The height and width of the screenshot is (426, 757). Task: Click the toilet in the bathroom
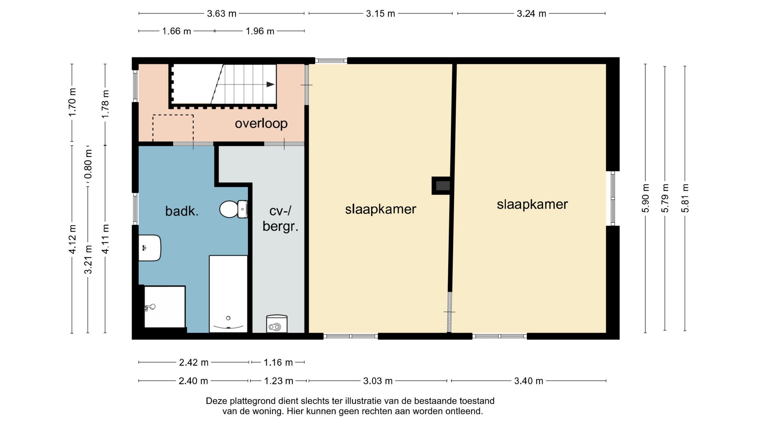pyautogui.click(x=233, y=209)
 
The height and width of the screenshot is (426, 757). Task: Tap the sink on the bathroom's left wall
pyautogui.click(x=150, y=248)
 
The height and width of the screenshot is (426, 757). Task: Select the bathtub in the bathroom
pyautogui.click(x=228, y=294)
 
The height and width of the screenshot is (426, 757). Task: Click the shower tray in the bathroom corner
pyautogui.click(x=165, y=307)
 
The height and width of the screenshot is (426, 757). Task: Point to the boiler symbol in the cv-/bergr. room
pyautogui.click(x=277, y=324)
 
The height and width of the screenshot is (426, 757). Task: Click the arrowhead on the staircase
pyautogui.click(x=270, y=84)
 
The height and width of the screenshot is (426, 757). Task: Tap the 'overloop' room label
pyautogui.click(x=261, y=123)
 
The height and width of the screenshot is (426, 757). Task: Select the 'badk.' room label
pyautogui.click(x=182, y=211)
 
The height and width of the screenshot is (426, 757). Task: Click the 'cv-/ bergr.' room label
pyautogui.click(x=280, y=219)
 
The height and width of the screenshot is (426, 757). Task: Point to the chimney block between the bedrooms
pyautogui.click(x=442, y=185)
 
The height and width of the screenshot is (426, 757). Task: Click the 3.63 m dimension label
pyautogui.click(x=222, y=14)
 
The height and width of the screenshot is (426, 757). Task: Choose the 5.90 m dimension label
pyautogui.click(x=645, y=198)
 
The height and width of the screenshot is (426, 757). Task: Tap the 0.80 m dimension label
pyautogui.click(x=88, y=164)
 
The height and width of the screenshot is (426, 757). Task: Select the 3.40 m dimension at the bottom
pyautogui.click(x=529, y=381)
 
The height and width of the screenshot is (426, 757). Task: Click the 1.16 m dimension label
pyautogui.click(x=278, y=362)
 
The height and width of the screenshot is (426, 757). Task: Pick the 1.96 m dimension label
pyautogui.click(x=260, y=31)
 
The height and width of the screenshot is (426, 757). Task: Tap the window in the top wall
pyautogui.click(x=331, y=61)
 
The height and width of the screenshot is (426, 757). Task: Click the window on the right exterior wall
pyautogui.click(x=613, y=198)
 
